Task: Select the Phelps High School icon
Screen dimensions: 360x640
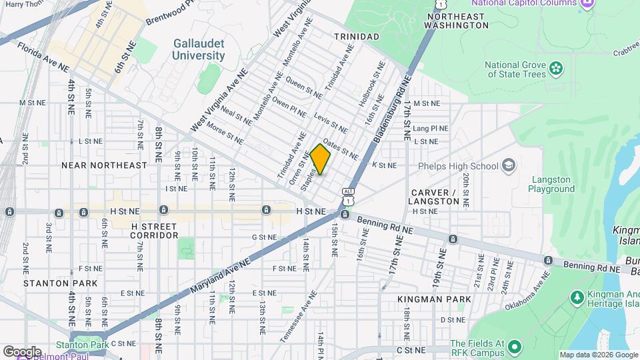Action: tap(509, 165)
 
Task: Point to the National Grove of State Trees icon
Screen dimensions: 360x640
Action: tap(555, 67)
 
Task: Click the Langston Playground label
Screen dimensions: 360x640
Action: tap(552, 184)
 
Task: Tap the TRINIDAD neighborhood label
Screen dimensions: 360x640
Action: tap(356, 36)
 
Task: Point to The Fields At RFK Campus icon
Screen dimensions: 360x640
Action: tap(514, 347)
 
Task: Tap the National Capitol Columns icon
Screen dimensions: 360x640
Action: tap(588, 4)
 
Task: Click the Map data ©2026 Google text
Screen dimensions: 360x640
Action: tap(598, 355)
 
